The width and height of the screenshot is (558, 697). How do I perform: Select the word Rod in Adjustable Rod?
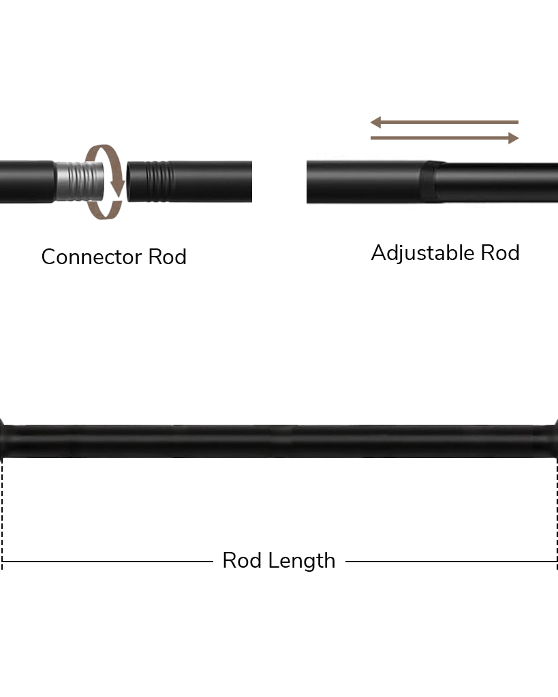(500, 253)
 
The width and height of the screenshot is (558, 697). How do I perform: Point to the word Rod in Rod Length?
(242, 561)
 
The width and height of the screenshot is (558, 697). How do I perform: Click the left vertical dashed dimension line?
(2, 510)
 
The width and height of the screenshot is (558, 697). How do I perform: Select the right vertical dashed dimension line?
(557, 510)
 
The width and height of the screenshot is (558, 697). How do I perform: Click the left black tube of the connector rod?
(26, 182)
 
